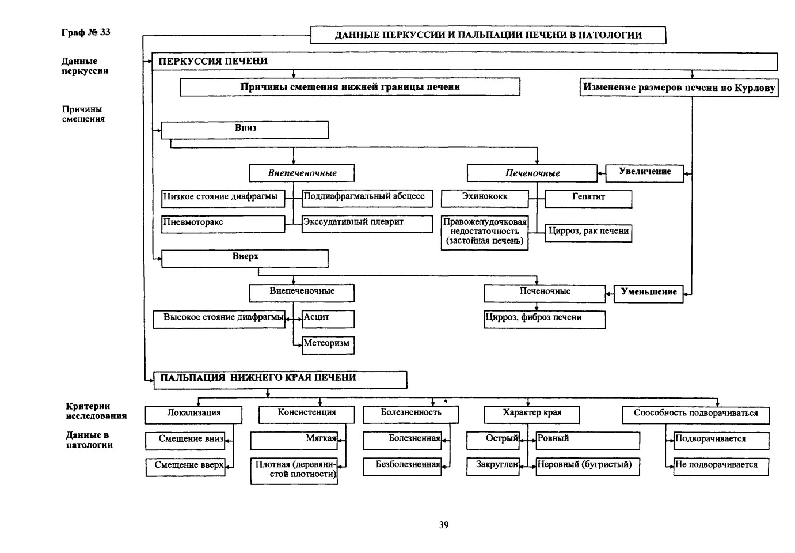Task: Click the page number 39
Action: [444, 525]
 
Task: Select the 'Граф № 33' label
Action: [86, 32]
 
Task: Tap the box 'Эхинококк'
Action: [485, 199]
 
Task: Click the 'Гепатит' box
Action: [588, 199]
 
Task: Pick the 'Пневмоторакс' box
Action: [223, 224]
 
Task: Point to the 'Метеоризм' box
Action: [328, 345]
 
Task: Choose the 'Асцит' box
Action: [328, 319]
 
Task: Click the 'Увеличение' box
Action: [645, 173]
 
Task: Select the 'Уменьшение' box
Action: [648, 294]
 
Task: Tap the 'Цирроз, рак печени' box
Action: [588, 233]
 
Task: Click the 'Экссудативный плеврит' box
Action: [367, 224]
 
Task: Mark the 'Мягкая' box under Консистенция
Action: [294, 441]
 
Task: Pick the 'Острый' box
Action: [493, 441]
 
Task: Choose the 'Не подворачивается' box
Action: [721, 467]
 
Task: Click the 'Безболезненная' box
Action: [402, 467]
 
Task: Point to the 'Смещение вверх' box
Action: [185, 467]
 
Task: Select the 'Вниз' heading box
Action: [245, 130]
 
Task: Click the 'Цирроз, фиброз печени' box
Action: [545, 319]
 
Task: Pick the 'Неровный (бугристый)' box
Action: [588, 467]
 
